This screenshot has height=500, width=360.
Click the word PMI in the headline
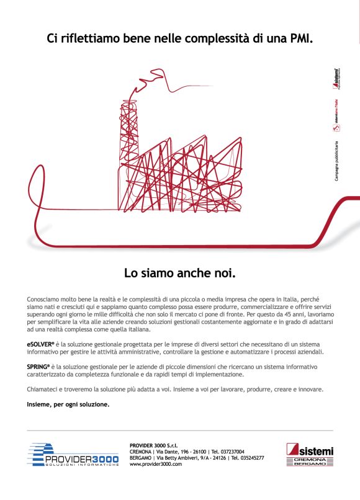(298, 38)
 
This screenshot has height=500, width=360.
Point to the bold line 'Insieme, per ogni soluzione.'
(68, 404)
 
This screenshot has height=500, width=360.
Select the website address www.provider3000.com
(156, 464)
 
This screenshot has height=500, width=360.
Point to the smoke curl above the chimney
(168, 87)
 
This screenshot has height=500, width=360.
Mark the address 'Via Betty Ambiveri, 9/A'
(190, 458)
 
